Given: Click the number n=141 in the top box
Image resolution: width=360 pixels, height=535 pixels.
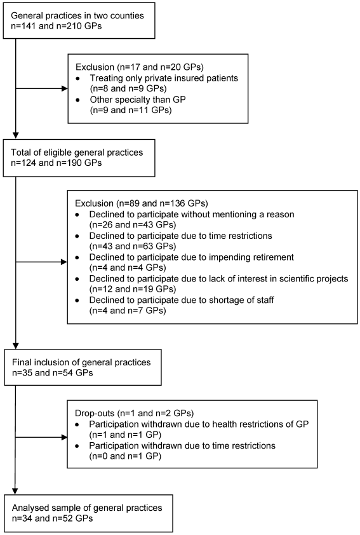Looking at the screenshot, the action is click(23, 26).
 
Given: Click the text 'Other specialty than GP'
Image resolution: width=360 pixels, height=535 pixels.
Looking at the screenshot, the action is click(138, 100).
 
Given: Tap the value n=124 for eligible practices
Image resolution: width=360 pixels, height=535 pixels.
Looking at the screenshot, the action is click(23, 163).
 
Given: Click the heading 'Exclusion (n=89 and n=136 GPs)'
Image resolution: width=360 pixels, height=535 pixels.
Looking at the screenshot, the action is click(142, 203).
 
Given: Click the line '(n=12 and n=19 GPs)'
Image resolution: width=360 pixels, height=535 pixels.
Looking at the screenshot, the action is click(133, 289).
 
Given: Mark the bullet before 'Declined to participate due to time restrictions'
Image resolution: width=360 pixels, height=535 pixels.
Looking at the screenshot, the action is click(77, 236).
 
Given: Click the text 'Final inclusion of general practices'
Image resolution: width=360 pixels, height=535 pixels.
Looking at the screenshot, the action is click(81, 362).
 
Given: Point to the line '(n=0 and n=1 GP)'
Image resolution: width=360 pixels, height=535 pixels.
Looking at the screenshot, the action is click(125, 456).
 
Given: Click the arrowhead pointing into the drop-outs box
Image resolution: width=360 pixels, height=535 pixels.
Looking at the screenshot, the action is click(64, 437).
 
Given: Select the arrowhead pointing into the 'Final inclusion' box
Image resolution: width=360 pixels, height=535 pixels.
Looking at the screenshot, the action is click(16, 346).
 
